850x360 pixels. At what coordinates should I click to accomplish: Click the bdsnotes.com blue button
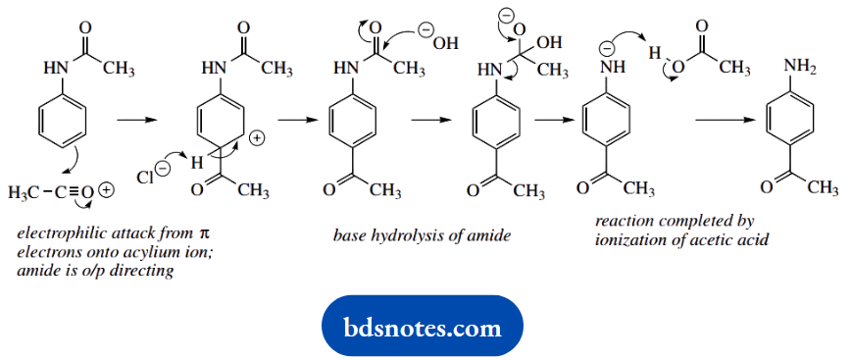coord(423,327)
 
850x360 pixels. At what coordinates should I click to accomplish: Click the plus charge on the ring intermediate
coord(258,139)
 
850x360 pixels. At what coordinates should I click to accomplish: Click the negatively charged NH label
coord(607,68)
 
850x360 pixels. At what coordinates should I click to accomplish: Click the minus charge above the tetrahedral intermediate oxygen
coord(506,17)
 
